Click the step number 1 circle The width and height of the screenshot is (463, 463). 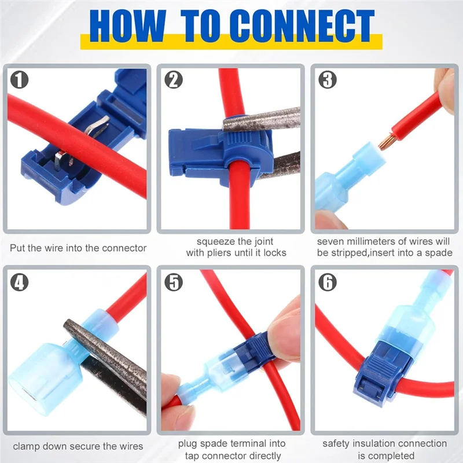(x=20, y=79)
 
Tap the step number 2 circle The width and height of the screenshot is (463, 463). (x=173, y=79)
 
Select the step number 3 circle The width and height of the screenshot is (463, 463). (x=327, y=79)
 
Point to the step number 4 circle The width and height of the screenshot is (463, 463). (x=20, y=282)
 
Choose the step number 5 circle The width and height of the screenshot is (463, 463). (x=173, y=282)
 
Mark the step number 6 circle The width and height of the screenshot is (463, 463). (x=327, y=282)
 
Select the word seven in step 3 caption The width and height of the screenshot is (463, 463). (x=332, y=241)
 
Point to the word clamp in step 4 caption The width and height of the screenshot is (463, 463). (x=27, y=446)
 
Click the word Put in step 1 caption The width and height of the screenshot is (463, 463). (x=18, y=248)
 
